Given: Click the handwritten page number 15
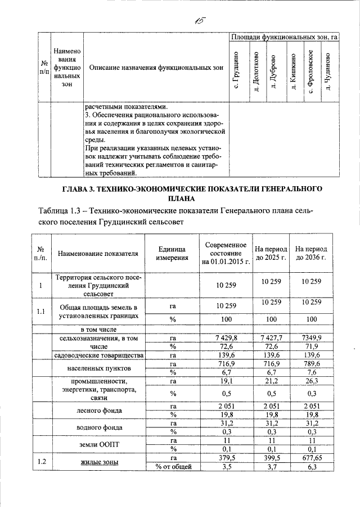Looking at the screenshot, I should (199, 21).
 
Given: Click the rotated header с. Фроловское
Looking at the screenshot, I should (309, 71).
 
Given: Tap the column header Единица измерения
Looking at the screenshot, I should (172, 254).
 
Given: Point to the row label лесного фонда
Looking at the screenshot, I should (95, 411).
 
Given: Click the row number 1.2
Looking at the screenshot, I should (40, 462).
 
